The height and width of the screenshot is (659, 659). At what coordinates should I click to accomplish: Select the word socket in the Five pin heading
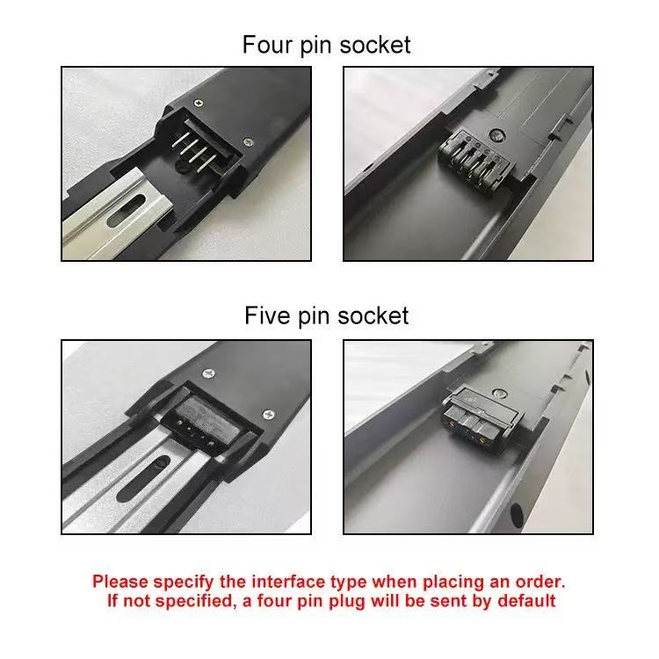pyautogui.click(x=373, y=315)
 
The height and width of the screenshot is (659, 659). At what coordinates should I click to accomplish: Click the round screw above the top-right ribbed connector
pyautogui.click(x=500, y=136)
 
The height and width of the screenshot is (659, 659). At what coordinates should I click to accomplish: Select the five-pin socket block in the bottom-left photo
pyautogui.click(x=204, y=424)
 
